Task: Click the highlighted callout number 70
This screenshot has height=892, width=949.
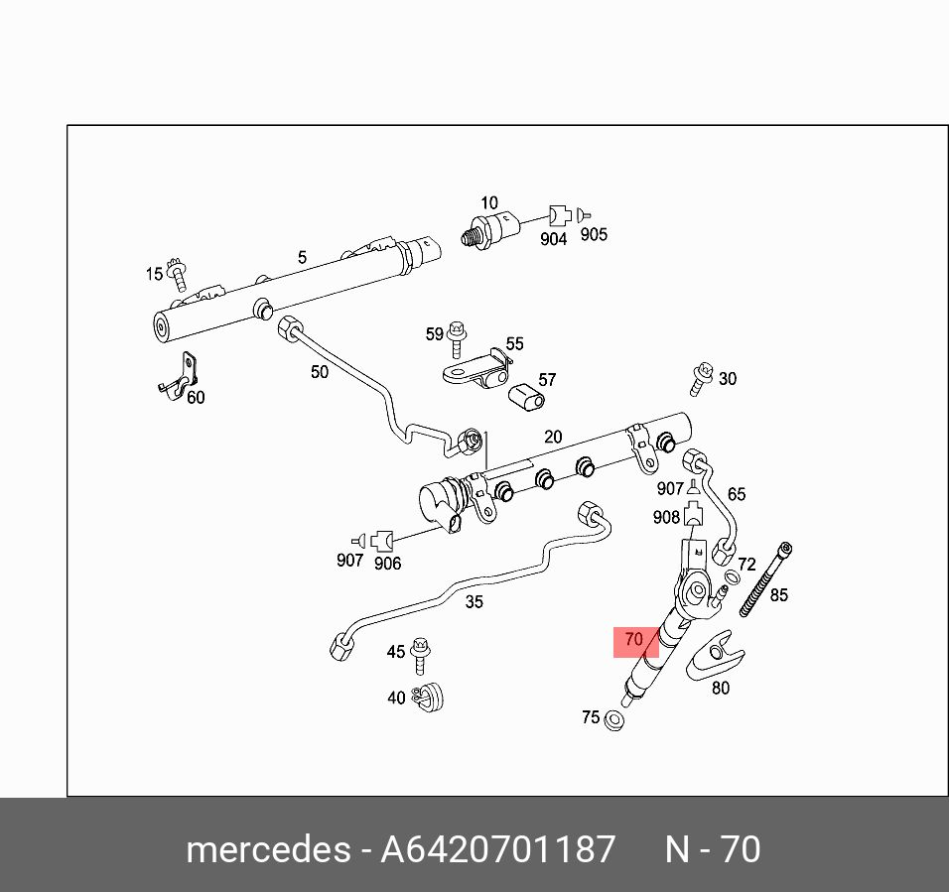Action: [634, 640]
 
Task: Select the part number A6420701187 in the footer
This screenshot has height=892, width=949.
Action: [497, 850]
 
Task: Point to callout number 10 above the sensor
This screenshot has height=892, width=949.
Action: [488, 202]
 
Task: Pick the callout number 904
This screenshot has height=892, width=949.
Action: [553, 239]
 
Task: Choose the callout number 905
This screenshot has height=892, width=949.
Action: [594, 234]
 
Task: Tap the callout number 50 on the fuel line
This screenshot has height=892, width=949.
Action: [320, 372]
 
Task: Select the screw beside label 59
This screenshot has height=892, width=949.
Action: [457, 337]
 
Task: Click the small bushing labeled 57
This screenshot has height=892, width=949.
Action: [527, 398]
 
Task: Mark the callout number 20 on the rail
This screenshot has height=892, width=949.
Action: [553, 437]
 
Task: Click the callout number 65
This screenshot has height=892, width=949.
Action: [736, 494]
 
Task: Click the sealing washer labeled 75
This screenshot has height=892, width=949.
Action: [614, 719]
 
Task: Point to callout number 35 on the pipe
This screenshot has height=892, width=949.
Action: [474, 601]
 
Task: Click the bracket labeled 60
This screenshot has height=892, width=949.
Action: [181, 375]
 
